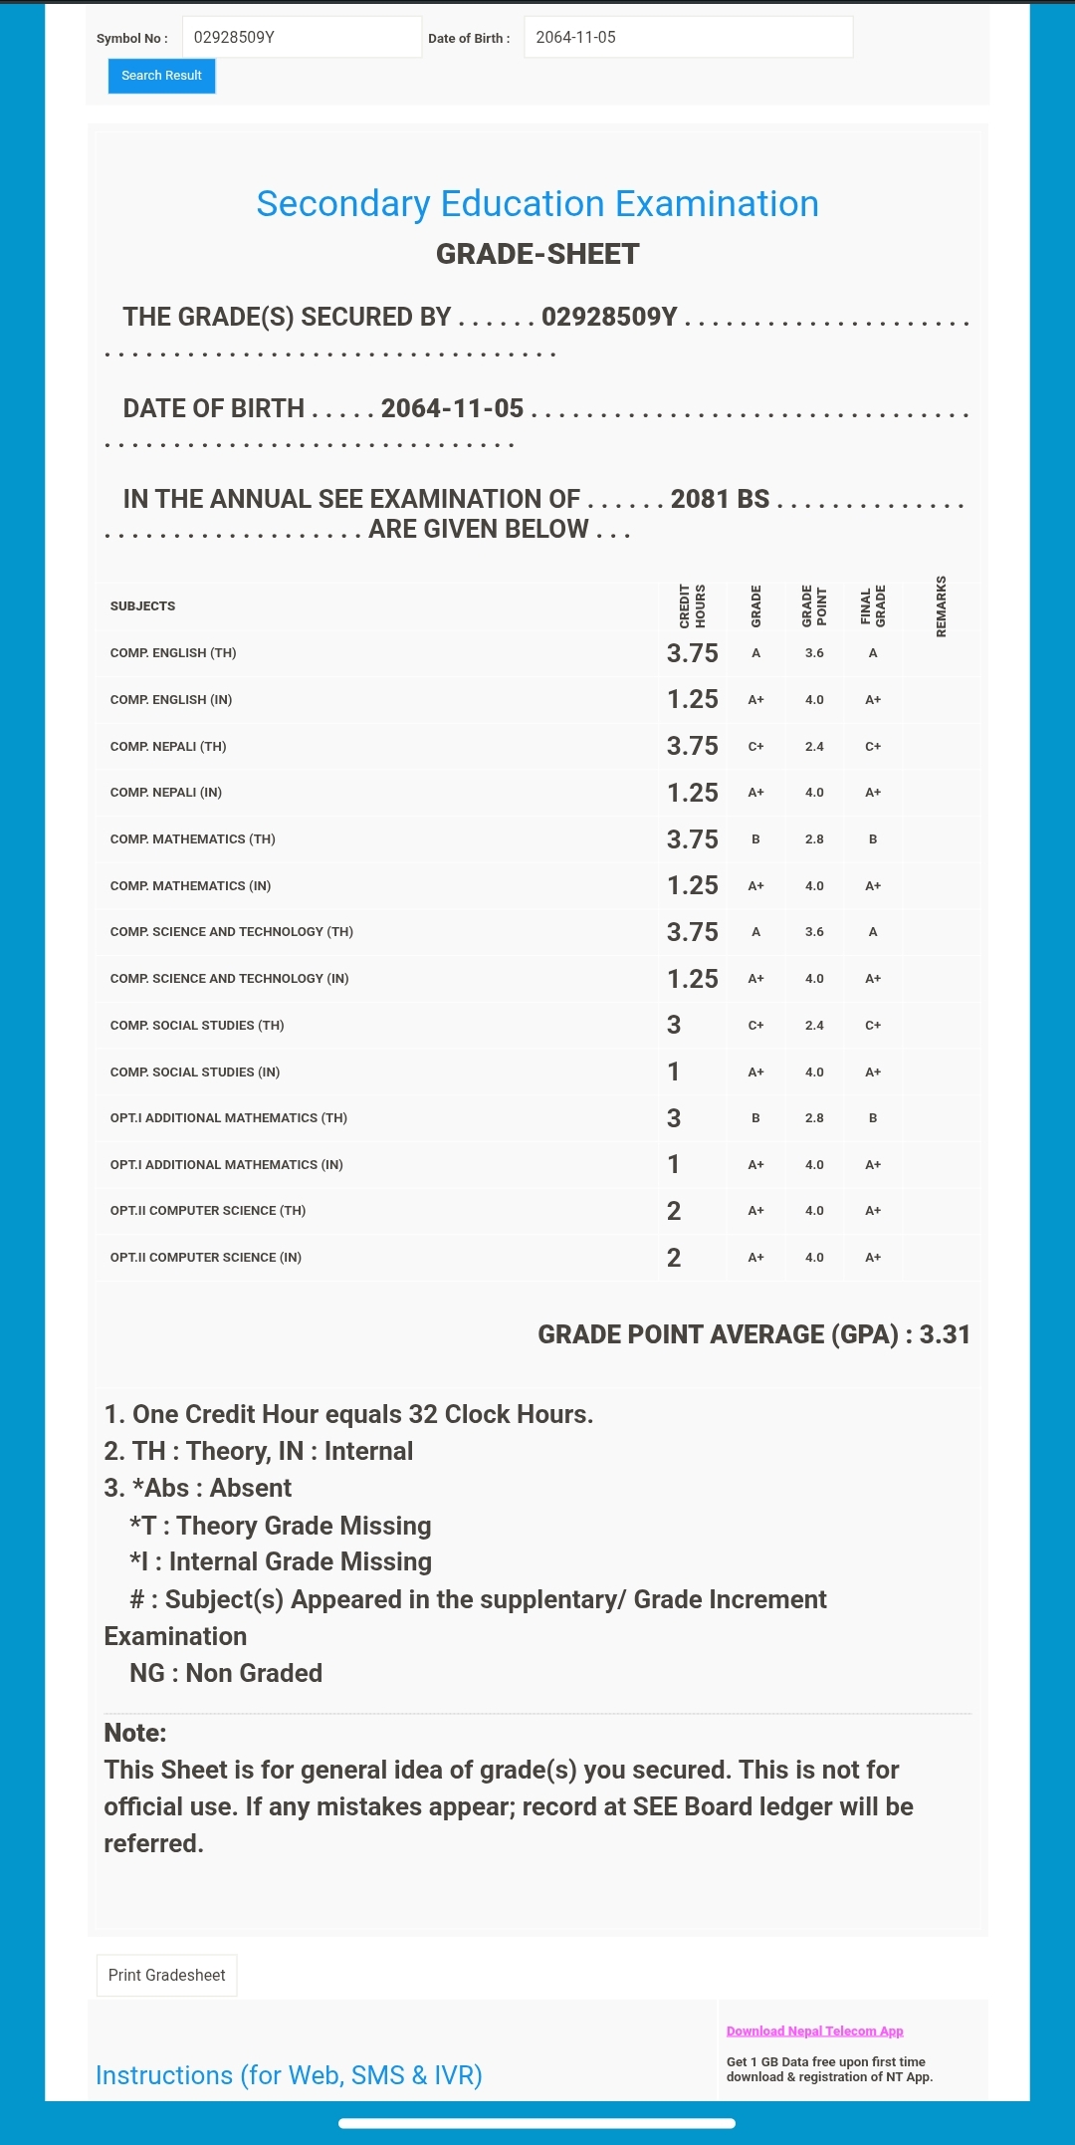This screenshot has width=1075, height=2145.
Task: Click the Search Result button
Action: coord(161,76)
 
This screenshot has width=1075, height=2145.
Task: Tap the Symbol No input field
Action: coord(302,38)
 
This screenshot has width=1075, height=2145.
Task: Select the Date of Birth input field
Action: coord(688,38)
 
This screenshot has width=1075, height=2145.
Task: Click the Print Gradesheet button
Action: coord(166,1975)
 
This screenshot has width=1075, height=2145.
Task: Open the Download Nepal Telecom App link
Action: coord(814,2030)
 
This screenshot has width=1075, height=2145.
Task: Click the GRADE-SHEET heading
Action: coord(537,254)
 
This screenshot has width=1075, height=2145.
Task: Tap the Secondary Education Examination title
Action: coord(537,204)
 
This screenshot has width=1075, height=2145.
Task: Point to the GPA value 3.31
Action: coord(945,1334)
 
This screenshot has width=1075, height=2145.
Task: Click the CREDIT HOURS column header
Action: coord(692,605)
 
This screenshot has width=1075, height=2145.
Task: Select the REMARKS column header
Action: coord(942,605)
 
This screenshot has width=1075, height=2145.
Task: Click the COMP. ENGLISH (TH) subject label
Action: coord(173,653)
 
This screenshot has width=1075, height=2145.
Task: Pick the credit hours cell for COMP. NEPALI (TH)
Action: coord(692,746)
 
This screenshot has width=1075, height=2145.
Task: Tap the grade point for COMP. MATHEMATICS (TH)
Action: coord(814,839)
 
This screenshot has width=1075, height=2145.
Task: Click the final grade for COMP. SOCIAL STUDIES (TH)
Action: coord(873,1026)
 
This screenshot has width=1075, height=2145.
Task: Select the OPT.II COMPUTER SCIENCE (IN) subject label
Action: coord(206,1258)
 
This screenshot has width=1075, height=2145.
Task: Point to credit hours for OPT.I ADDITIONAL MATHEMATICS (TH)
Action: coord(674,1118)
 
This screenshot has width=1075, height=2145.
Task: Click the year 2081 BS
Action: coord(720,499)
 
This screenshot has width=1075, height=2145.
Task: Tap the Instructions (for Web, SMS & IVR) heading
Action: coord(289,2075)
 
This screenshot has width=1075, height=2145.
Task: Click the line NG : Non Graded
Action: coord(226,1673)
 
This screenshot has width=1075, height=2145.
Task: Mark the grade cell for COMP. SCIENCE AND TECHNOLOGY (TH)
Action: coord(755,932)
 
